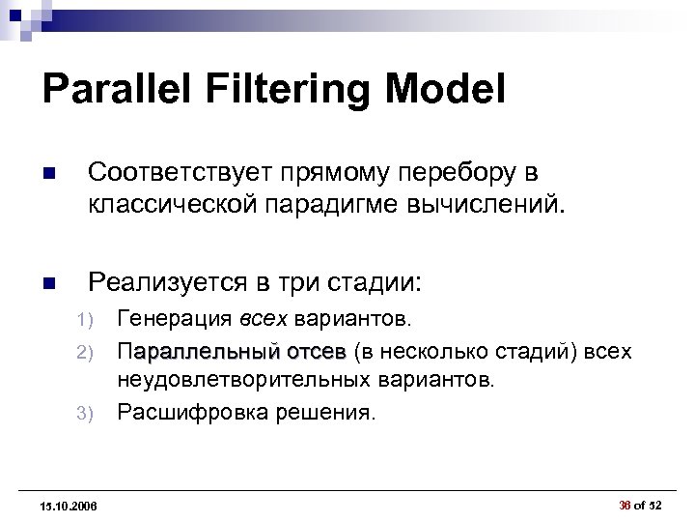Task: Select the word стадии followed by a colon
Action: point(376,282)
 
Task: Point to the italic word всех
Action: point(263,319)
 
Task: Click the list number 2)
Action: point(84,351)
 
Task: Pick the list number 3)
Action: point(84,413)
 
